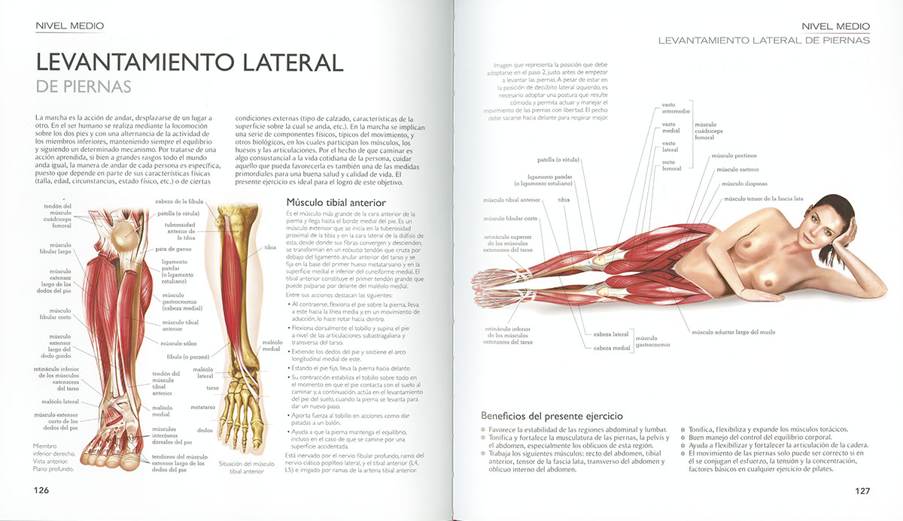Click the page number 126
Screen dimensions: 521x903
[x=41, y=490]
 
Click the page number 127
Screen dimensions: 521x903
[x=862, y=491]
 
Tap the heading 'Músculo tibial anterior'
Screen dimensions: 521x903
[x=336, y=203]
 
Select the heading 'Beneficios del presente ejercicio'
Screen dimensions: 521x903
[x=552, y=416]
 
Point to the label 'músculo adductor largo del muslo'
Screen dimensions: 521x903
[x=732, y=332]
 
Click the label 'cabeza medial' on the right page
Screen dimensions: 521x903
[x=611, y=348]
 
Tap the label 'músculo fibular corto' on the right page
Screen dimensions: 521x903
[x=510, y=219]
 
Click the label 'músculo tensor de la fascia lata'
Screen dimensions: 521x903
[x=763, y=199]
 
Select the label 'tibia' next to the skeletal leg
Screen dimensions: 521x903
[x=270, y=247]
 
